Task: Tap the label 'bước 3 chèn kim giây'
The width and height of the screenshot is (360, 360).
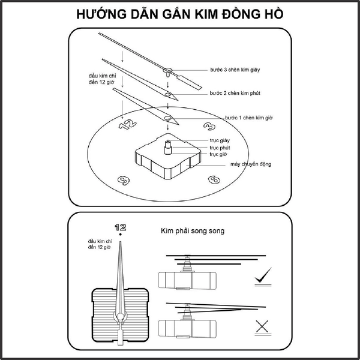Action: coord(235,69)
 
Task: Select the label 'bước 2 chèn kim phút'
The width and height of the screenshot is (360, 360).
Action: coord(235,94)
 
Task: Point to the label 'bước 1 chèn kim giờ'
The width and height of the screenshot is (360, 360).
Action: coord(249,118)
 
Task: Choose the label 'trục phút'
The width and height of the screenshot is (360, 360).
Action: coord(220,147)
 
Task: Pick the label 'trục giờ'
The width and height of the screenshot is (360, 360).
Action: coord(218,154)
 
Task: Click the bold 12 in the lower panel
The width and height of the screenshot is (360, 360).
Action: coord(121,227)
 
